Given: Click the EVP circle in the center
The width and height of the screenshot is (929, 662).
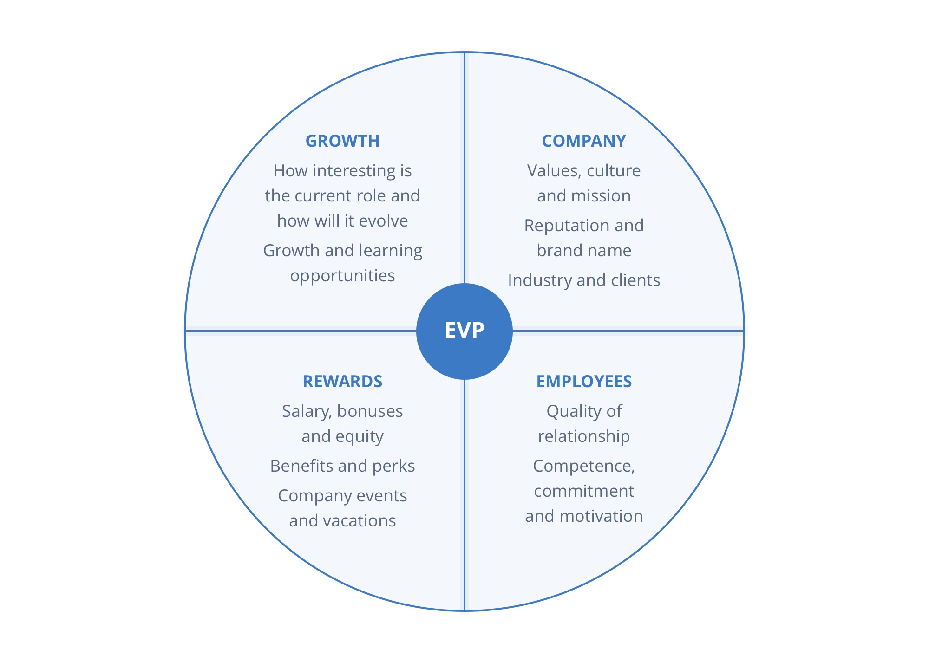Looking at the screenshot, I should [x=464, y=331].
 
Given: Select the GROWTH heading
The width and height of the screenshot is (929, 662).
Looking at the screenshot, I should [x=342, y=141].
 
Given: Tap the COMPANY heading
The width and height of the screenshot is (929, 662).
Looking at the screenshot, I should [x=584, y=141].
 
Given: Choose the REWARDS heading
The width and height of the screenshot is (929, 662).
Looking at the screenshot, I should [x=342, y=382].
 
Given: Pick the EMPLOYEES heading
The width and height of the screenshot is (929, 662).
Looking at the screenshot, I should [x=584, y=382].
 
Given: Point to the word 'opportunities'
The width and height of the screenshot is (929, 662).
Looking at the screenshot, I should [x=342, y=276].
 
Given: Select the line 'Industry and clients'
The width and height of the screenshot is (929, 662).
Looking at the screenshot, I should [x=584, y=280].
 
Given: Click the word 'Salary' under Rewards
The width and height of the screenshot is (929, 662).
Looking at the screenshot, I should [x=306, y=412].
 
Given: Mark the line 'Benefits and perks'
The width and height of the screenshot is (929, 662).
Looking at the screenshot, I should [x=342, y=466].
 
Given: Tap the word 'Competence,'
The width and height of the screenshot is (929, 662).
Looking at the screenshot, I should [x=584, y=466].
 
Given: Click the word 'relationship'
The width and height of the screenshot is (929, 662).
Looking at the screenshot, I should [x=584, y=436].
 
